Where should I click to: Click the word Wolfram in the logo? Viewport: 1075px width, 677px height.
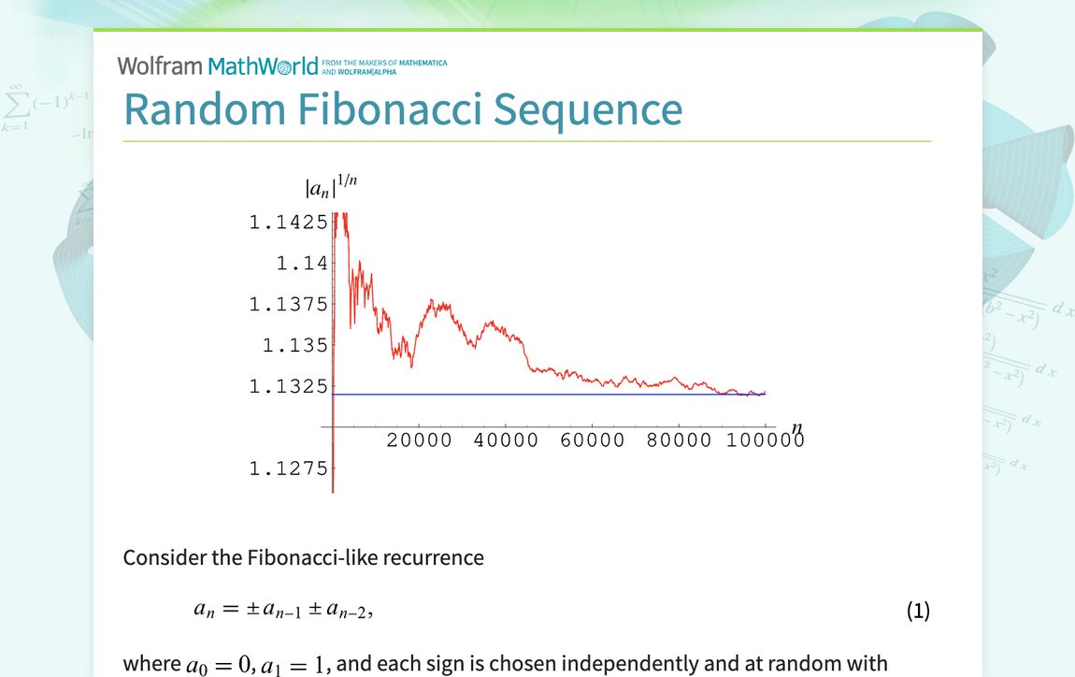point(160,66)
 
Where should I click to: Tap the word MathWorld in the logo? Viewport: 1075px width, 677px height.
point(264,66)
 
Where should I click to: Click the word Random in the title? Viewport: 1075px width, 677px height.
point(205,109)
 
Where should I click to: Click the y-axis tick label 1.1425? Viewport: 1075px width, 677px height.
point(289,223)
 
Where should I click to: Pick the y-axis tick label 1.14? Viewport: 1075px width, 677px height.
point(302,264)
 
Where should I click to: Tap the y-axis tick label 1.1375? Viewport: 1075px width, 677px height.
point(289,305)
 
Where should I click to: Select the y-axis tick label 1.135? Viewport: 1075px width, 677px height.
point(295,345)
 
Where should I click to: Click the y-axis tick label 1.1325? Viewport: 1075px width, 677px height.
point(289,386)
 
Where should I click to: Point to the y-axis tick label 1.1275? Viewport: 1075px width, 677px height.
point(289,468)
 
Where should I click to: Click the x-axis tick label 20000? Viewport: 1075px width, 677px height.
point(419,440)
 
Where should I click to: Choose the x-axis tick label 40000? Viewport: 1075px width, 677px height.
point(506,440)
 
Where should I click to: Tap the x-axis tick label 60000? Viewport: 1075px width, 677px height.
point(593,440)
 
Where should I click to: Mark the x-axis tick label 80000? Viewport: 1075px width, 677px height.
point(679,440)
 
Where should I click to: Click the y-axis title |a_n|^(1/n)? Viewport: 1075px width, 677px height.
point(331,186)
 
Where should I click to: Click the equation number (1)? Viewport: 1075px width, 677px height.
point(918,611)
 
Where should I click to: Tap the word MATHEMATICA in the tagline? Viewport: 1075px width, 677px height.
point(423,63)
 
